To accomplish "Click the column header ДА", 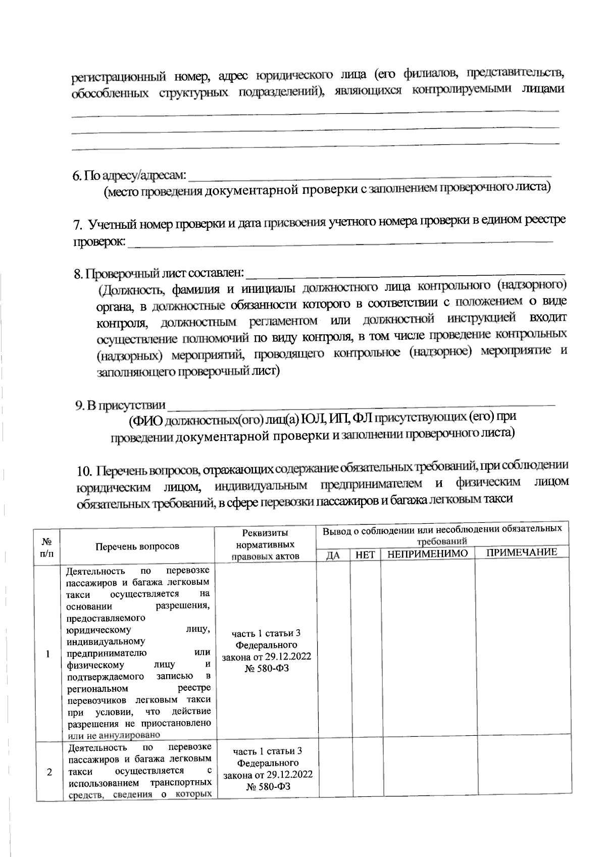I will tap(333, 555).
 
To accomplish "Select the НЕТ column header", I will tap(365, 554).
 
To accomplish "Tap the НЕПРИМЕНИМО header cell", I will tap(428, 553).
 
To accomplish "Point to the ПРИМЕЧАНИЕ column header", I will tap(522, 552).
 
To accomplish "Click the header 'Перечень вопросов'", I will tap(137, 546).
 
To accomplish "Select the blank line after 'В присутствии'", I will tap(361, 405).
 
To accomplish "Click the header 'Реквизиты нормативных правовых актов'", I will tap(266, 544).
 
